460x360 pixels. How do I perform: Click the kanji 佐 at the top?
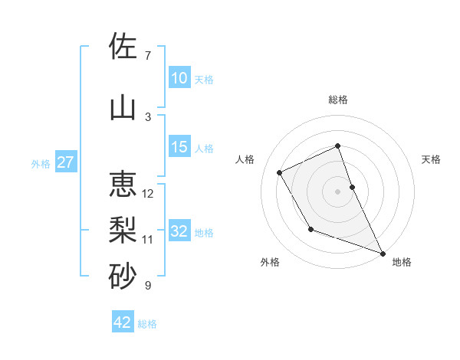(123, 47)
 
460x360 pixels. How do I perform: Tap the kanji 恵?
(123, 184)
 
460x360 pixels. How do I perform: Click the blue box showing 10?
(179, 78)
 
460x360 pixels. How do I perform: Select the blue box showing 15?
(179, 148)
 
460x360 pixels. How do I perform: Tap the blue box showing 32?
(179, 232)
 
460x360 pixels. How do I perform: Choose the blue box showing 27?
(66, 162)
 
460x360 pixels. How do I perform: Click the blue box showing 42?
(123, 322)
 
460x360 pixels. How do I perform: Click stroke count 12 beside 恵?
(148, 194)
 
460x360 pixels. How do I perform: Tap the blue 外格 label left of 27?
(41, 163)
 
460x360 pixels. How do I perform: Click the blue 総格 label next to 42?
(147, 324)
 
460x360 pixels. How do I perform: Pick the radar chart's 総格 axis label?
(338, 100)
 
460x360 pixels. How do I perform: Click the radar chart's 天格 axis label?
(432, 159)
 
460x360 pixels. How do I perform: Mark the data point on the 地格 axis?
(383, 253)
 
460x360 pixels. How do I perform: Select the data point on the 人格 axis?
(280, 172)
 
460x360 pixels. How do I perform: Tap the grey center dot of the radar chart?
(338, 191)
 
